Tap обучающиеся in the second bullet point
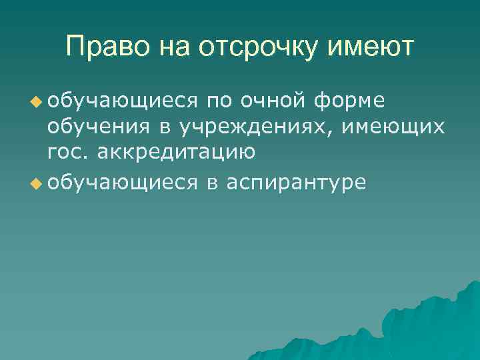click(x=123, y=181)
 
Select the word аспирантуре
click(x=296, y=181)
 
